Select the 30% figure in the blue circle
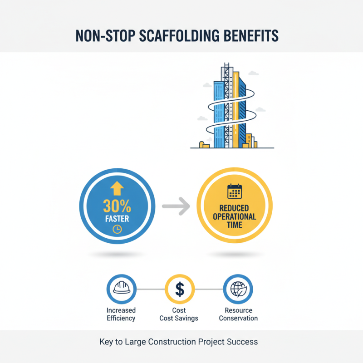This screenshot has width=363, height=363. [x=117, y=207]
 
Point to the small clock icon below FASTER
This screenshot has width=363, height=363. [x=117, y=230]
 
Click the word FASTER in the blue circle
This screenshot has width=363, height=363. [x=117, y=219]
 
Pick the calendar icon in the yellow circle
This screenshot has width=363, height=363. [x=234, y=191]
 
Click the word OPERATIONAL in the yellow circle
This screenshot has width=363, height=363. [x=234, y=216]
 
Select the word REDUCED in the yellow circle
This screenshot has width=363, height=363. [x=234, y=208]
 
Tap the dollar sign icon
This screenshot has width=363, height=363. [x=180, y=289]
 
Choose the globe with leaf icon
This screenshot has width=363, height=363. [x=238, y=289]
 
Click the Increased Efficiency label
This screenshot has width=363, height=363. [x=121, y=314]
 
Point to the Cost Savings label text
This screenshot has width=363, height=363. [x=179, y=318]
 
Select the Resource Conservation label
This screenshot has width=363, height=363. [x=238, y=314]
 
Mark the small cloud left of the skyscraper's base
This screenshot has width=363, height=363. [x=201, y=118]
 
